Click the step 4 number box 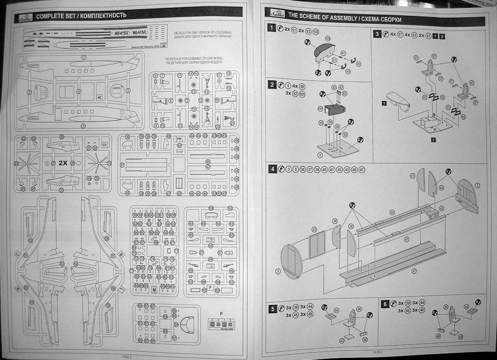pos(272,169)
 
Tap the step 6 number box pos(385,304)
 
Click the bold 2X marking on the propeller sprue pos(63,163)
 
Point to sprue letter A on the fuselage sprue pos(99,97)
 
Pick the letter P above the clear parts pos(221,313)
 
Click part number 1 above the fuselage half pos(84,57)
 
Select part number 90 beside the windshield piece pos(176,324)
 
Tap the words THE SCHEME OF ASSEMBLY pos(321,19)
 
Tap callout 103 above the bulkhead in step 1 pos(327,38)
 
